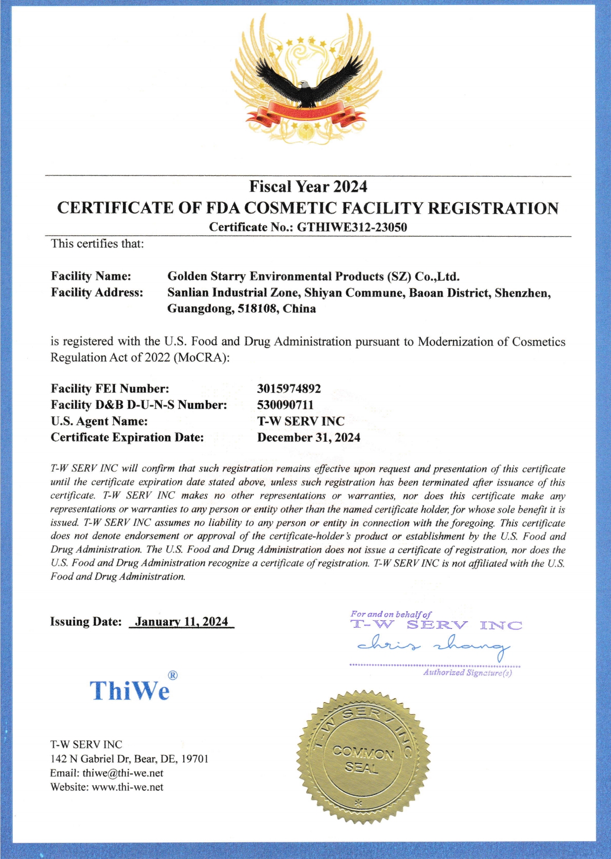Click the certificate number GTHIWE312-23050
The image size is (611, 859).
point(352,227)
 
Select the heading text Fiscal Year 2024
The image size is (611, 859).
point(308,186)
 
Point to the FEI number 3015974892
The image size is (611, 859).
point(289,389)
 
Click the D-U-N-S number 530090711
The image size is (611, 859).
point(285,405)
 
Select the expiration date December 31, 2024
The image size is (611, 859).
point(309,438)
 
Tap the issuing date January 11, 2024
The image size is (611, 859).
point(181,622)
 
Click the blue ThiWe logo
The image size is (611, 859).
point(129,690)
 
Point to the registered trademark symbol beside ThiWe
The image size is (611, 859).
point(173,675)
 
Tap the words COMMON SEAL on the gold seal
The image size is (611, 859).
point(363,760)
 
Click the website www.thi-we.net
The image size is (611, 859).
point(127,787)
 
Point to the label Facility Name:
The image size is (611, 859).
point(91,276)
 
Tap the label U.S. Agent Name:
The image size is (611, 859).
point(99,422)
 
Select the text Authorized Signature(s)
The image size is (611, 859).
point(467,673)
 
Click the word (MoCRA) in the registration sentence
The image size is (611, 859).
point(202,357)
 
